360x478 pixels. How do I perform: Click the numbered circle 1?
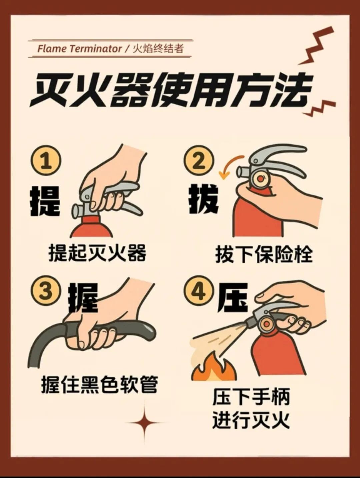point(46,161)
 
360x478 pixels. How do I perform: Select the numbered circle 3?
point(46,291)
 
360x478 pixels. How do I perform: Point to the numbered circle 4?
point(199,291)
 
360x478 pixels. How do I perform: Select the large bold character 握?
point(83,299)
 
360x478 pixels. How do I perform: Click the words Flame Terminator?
point(79,49)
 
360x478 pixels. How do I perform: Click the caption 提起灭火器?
point(97,253)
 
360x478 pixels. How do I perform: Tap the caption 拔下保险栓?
point(264,255)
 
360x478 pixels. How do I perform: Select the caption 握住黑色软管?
point(100,384)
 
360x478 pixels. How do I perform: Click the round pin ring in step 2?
point(260,179)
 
